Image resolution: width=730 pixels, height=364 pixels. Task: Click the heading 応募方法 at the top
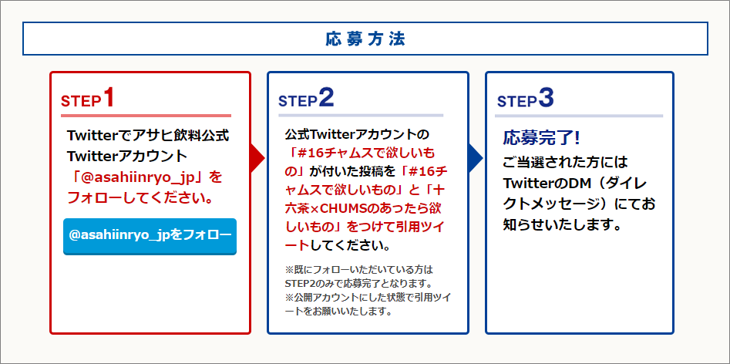[365, 39]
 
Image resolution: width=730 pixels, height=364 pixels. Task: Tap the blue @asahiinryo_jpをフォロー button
[150, 236]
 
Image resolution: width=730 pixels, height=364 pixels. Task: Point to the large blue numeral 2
[326, 98]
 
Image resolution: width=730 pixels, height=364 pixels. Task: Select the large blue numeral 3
[546, 98]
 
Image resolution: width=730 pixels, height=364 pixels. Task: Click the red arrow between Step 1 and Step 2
[257, 159]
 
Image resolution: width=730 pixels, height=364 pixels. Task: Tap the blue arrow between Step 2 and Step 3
[476, 159]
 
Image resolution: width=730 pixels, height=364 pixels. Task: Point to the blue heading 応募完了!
[541, 137]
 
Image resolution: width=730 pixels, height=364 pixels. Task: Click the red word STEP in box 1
[81, 102]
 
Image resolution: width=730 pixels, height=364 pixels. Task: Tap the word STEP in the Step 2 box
[298, 102]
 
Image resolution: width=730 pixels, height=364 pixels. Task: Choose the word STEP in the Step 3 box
[516, 102]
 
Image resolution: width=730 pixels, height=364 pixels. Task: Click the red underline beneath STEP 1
[146, 116]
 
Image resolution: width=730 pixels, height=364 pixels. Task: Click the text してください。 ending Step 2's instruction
[350, 245]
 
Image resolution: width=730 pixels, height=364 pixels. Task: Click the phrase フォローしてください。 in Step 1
[140, 199]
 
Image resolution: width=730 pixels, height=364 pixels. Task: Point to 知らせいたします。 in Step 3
[563, 226]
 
